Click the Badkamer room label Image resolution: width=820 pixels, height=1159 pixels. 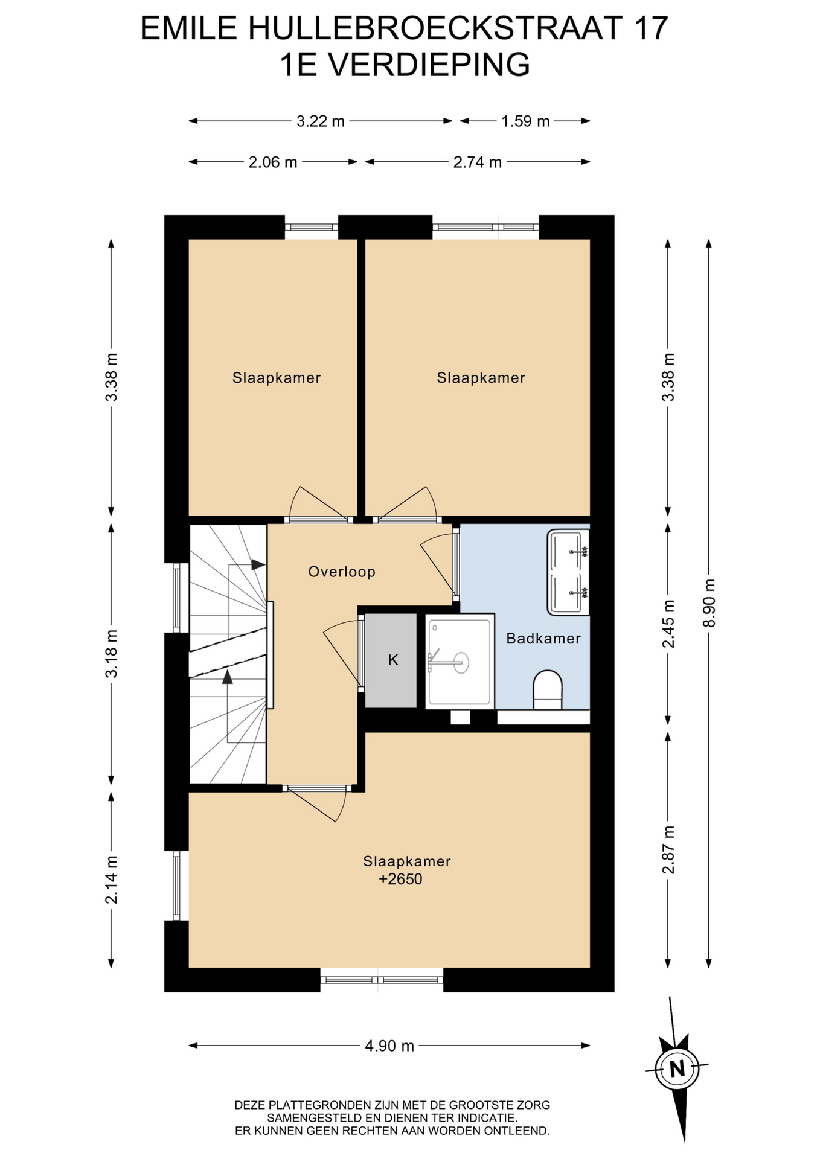pos(543,638)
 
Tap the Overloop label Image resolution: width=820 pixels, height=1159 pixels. pos(342,572)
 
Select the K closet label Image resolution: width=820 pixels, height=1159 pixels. pos(393,660)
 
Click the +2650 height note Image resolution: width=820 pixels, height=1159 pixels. pos(400,879)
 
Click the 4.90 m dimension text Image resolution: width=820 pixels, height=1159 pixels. pos(389,1046)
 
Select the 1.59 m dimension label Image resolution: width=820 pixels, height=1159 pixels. pos(525,121)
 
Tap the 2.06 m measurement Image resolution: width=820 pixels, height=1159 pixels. pos(273,162)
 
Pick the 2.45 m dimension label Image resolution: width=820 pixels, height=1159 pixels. pos(668,624)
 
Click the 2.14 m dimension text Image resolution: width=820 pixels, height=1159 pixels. pos(111,879)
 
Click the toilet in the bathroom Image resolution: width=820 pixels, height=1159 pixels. pos(548,689)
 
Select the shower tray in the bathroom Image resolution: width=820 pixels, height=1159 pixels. pos(460,660)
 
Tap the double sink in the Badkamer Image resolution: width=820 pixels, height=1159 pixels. pos(568,572)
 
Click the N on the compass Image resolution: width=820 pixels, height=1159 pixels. pos(677,1069)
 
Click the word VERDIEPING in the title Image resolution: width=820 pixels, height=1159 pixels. pos(429,65)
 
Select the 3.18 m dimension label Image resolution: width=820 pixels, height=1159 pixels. pos(111,653)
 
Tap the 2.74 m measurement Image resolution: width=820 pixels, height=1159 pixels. pos(478,162)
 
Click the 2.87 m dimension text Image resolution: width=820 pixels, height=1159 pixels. pos(668,849)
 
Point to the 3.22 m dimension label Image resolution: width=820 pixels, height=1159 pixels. pos(320,121)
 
